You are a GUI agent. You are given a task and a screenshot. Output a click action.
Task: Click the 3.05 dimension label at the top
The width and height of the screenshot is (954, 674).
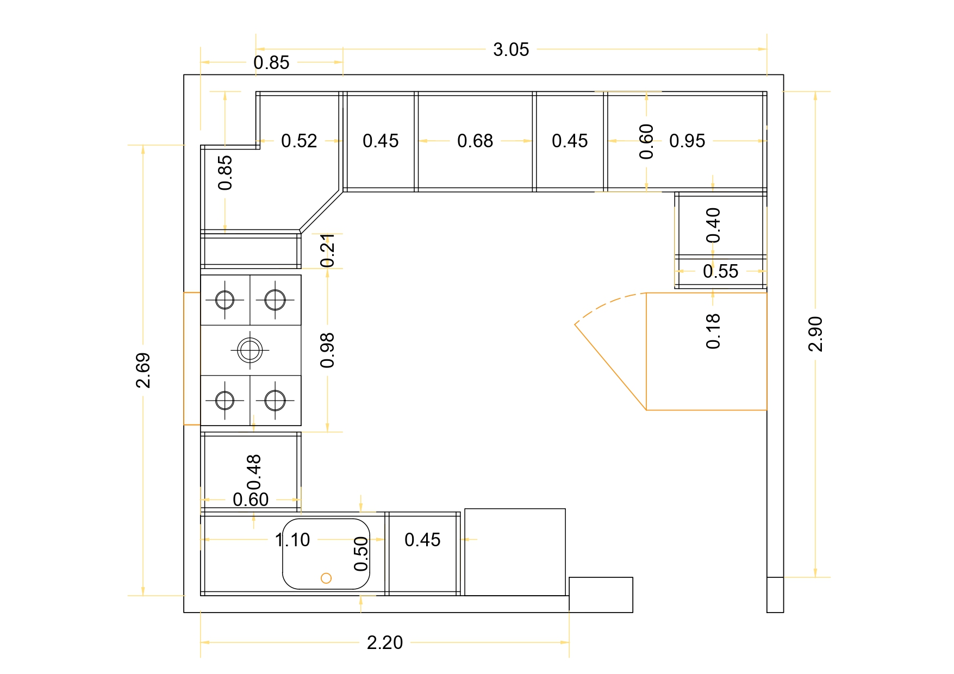pos(510,49)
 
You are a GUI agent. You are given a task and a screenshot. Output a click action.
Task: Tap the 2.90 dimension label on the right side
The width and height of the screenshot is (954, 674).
pos(815,334)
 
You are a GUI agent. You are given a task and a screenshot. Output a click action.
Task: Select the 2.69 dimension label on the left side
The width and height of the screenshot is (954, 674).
pos(143,370)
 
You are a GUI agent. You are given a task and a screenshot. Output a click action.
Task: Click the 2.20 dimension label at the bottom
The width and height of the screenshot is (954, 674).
pos(384,642)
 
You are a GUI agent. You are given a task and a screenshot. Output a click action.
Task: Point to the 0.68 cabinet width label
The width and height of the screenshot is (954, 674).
pos(475,141)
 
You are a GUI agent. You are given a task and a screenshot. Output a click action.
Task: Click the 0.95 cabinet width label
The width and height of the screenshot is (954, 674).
pos(687,141)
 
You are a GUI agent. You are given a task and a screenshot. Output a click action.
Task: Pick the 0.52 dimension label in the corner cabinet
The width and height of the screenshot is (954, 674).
pos(299,141)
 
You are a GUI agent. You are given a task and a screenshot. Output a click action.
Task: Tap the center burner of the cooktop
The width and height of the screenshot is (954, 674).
pos(250,350)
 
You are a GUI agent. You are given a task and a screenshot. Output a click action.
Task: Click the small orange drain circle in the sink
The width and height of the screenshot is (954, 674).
pos(326,578)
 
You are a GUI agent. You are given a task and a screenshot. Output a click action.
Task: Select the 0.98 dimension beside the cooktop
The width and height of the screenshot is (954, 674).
pos(327,350)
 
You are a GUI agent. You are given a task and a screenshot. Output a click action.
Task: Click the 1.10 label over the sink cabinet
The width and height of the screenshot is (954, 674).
pos(292,540)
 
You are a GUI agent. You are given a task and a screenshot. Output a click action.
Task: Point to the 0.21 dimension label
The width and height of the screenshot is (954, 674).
pos(327,251)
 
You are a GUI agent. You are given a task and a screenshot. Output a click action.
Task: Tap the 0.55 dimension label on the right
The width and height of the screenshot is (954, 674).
pos(720,271)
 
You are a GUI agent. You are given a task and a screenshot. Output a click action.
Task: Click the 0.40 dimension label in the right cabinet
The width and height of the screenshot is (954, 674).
pos(713,225)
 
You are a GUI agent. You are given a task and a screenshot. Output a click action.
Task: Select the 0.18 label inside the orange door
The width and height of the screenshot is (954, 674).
pos(713,330)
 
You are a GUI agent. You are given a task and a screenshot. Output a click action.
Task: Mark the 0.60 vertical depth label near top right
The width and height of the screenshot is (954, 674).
pos(646,141)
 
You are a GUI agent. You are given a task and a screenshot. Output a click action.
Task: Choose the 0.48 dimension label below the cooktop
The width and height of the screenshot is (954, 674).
pos(254,472)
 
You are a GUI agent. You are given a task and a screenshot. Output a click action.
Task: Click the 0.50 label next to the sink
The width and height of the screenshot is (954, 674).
pos(361,554)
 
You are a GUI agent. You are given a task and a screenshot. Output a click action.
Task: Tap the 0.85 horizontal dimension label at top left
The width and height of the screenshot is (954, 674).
pos(271,63)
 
